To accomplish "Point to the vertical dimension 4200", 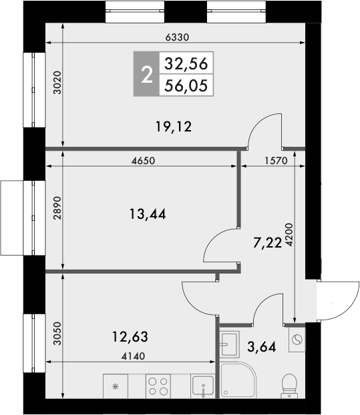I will (x=289, y=236).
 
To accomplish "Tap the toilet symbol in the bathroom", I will (x=290, y=385).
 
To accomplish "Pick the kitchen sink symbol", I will (x=202, y=386).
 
